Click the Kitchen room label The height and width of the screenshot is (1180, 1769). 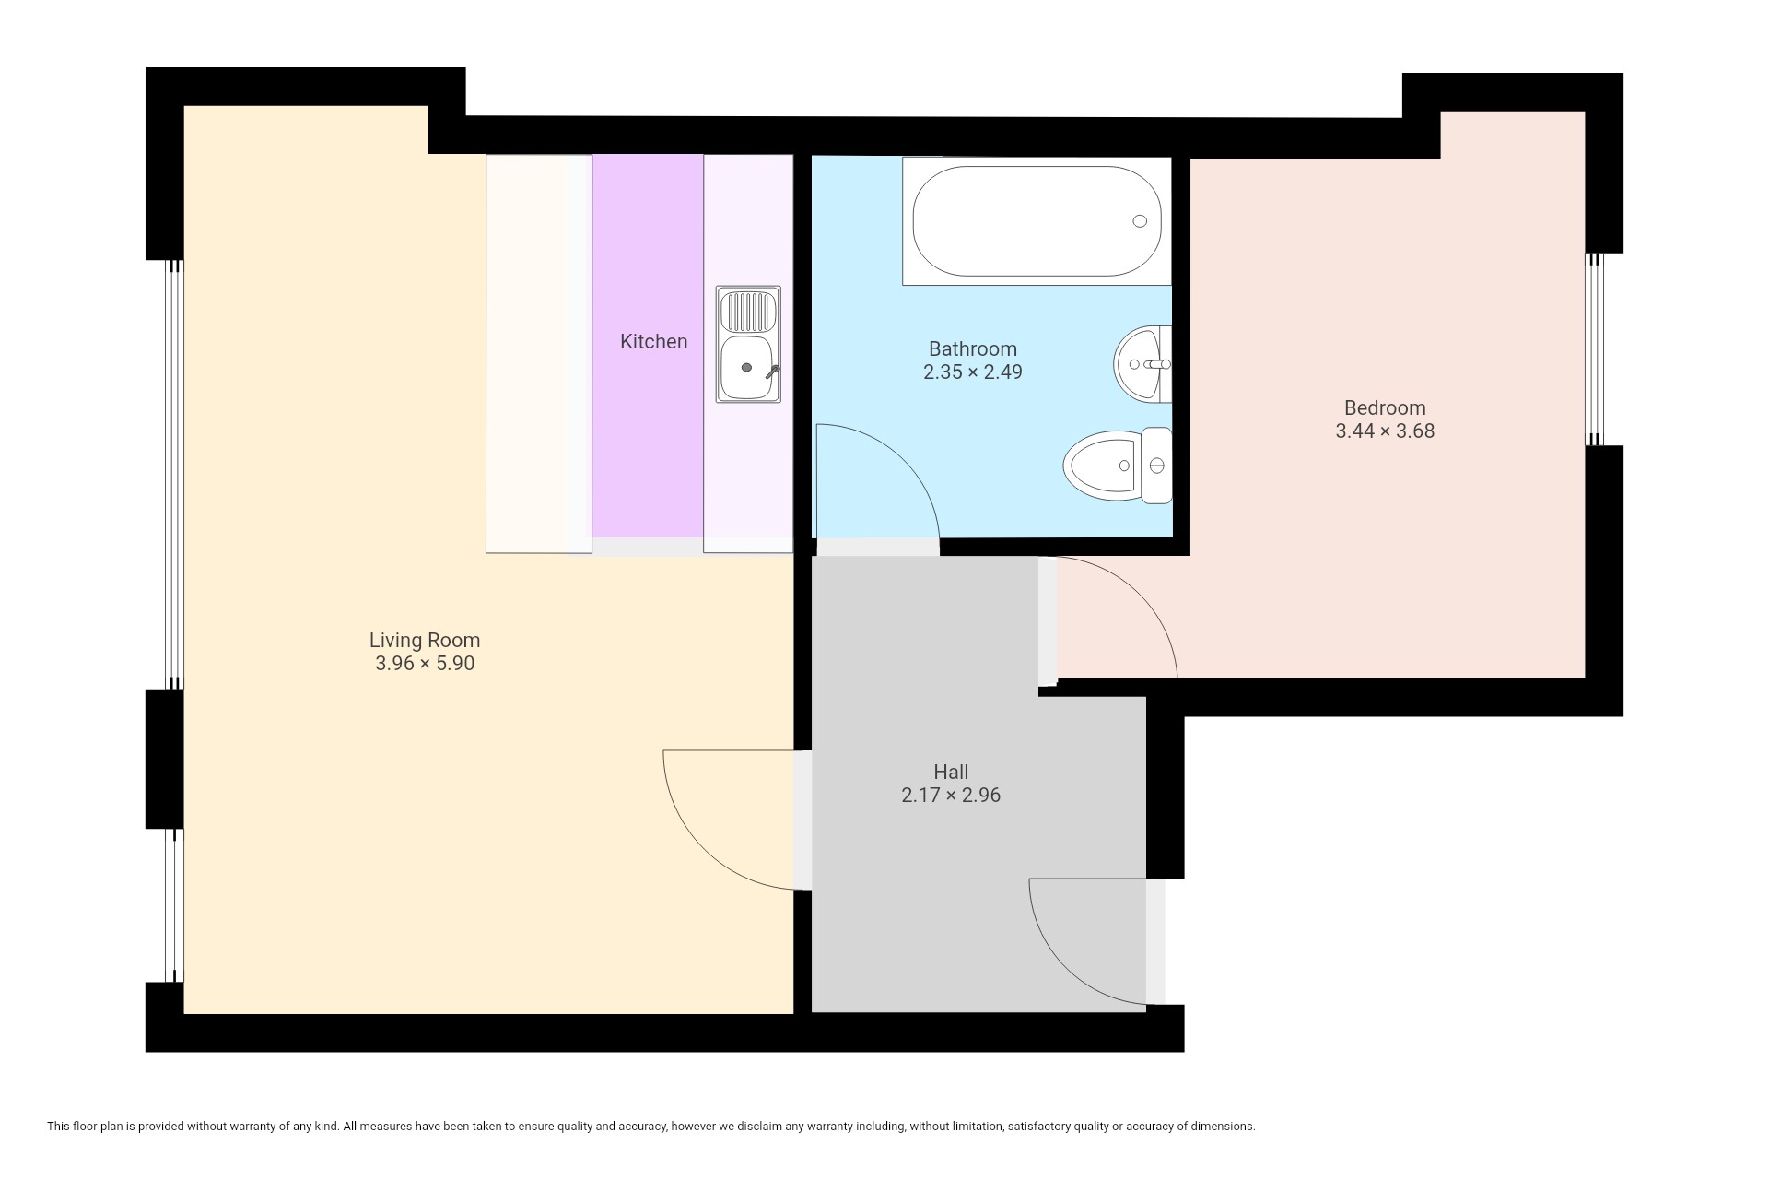pos(653,341)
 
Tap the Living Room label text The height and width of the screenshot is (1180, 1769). pos(425,640)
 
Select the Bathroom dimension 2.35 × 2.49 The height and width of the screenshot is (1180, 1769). pos(973,372)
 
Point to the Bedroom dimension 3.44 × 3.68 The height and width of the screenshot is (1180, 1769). pos(1385,431)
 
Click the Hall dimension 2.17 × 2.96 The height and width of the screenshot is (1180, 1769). pos(951,796)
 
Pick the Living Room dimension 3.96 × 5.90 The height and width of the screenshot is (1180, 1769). pos(425,664)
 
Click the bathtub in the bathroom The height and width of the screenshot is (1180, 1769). pos(1037,221)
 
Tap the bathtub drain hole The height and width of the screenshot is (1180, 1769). pos(1140,221)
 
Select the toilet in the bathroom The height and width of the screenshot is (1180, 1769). pos(1118,466)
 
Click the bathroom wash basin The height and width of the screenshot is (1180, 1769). pos(1142,364)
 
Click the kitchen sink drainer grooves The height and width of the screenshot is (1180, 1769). pos(748,312)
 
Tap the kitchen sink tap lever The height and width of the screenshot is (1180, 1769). pos(772,372)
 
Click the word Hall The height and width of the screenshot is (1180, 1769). pos(951,772)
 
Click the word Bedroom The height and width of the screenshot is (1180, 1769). pos(1385,407)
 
